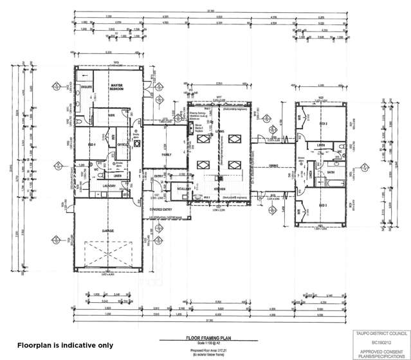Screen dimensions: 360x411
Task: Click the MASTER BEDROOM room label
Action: tap(116, 87)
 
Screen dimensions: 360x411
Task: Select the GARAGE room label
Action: tap(107, 230)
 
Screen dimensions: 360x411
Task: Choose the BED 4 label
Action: tap(91, 145)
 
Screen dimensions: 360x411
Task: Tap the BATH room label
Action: tap(330, 172)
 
